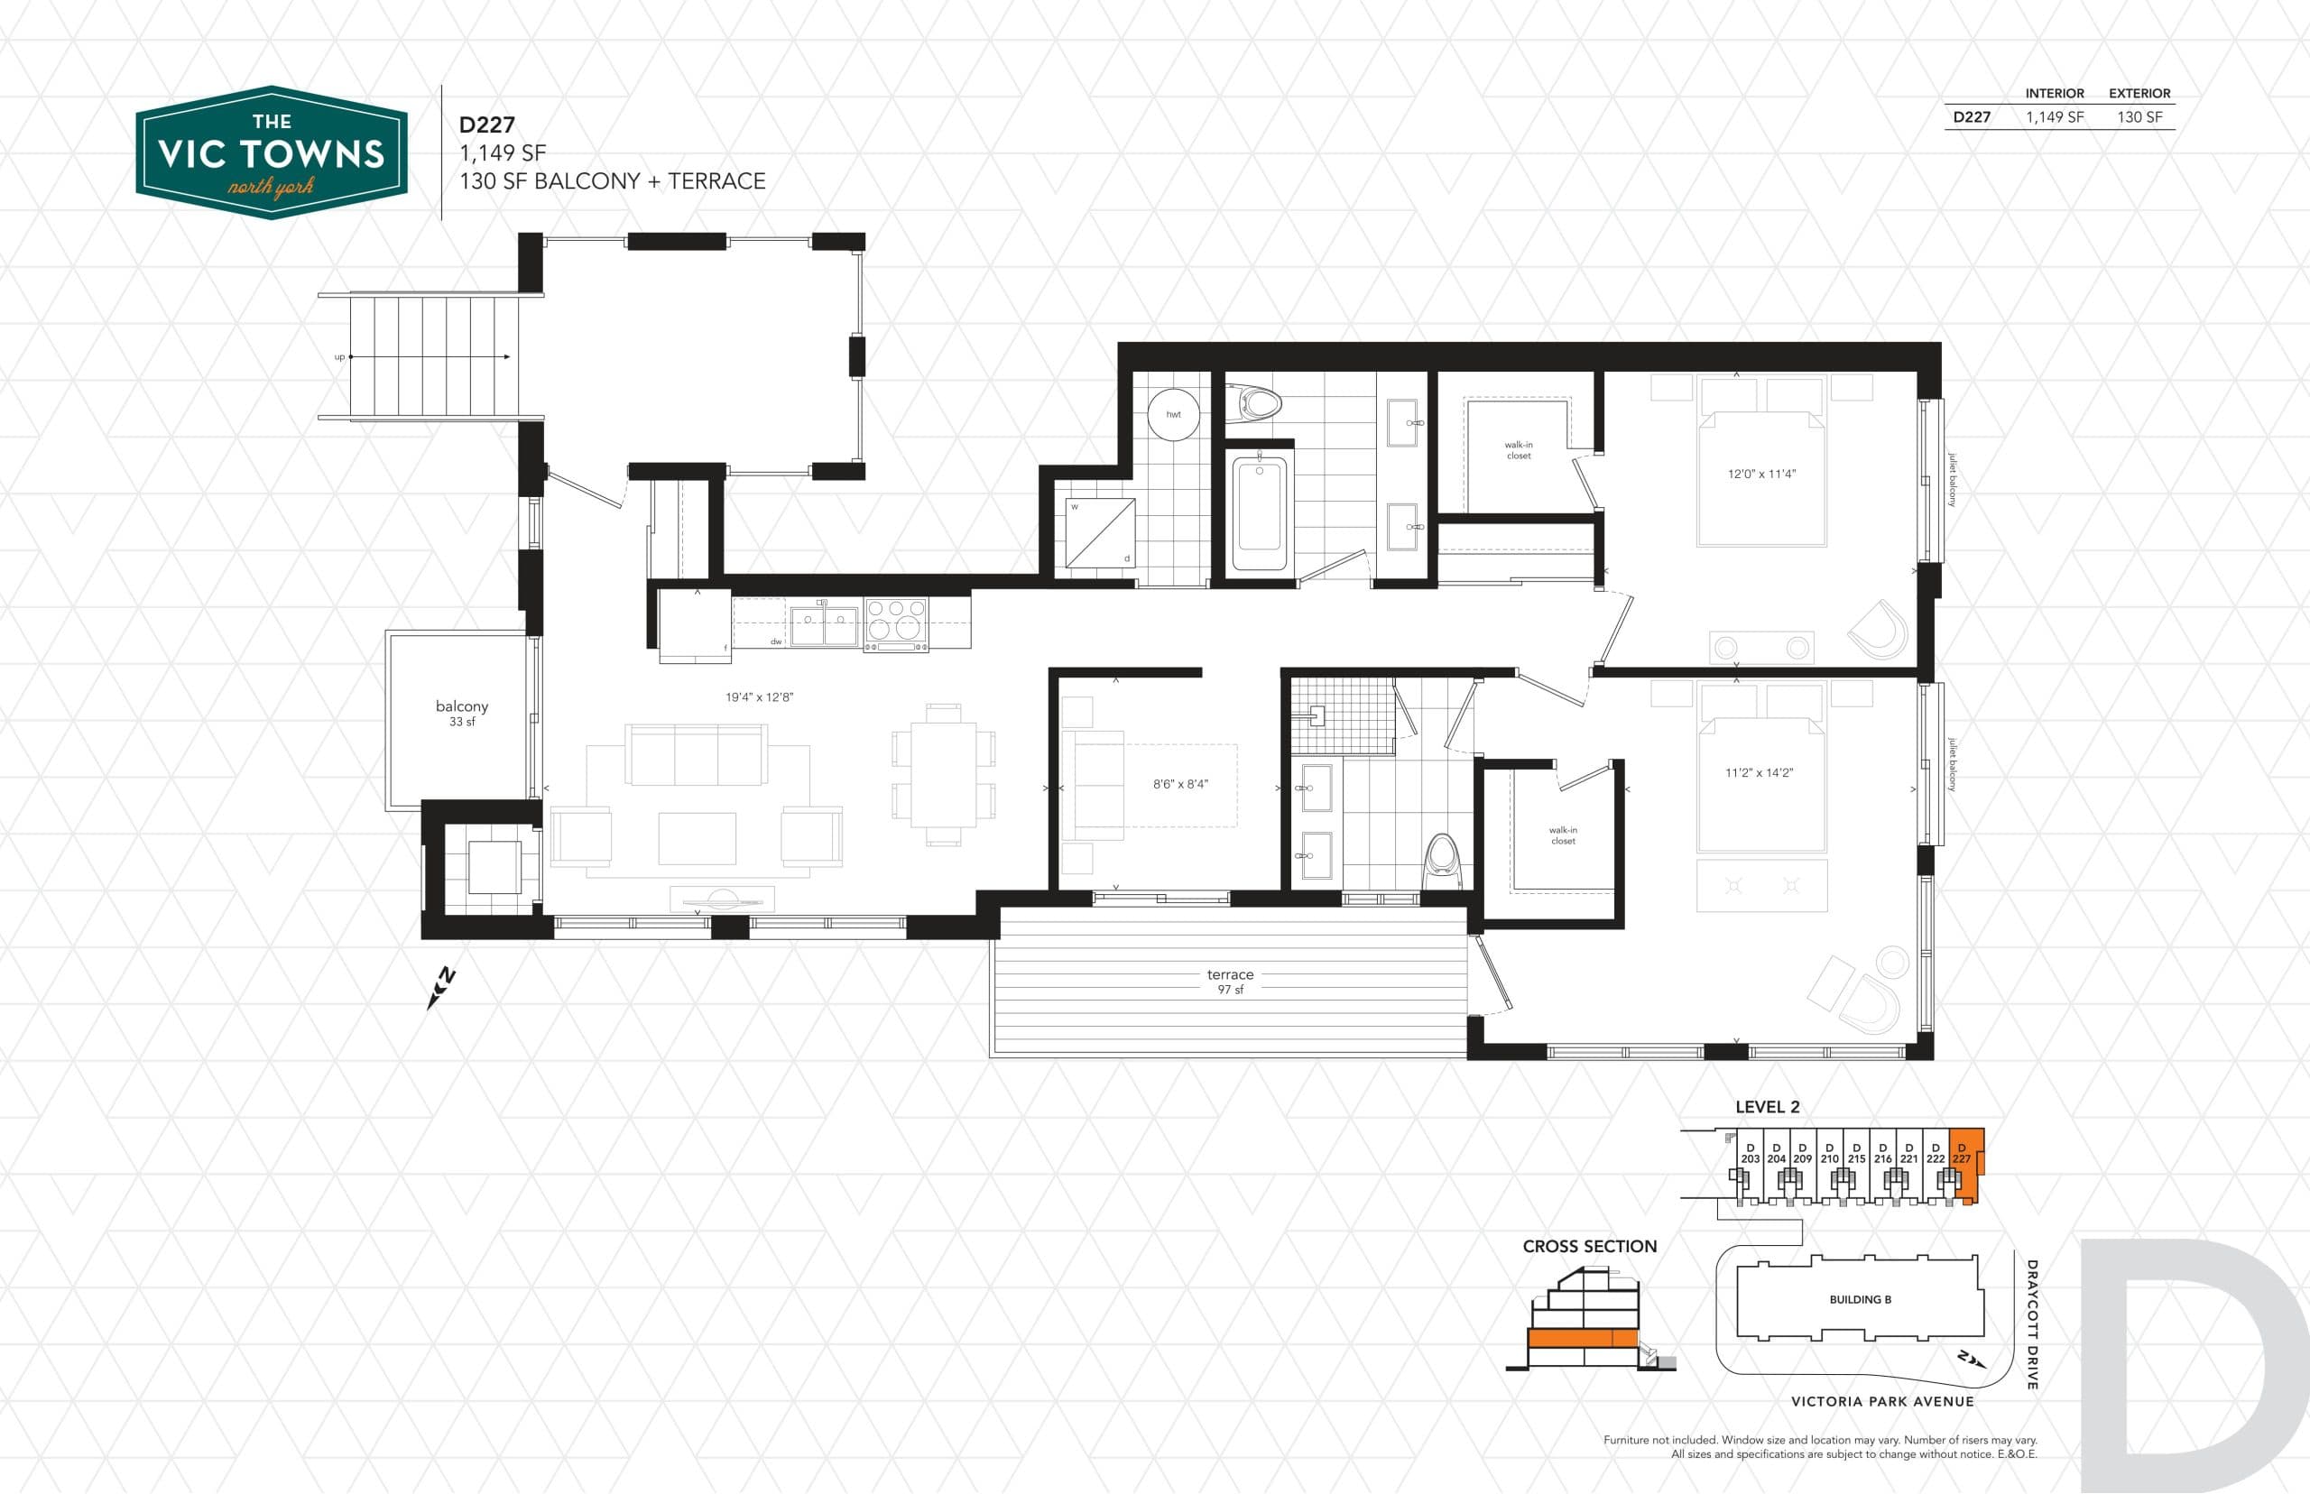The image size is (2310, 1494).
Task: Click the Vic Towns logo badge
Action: pyautogui.click(x=271, y=152)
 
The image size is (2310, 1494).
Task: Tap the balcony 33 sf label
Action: pyautogui.click(x=462, y=713)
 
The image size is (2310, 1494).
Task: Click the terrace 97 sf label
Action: pyautogui.click(x=1229, y=981)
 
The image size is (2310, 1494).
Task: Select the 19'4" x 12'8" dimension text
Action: pyautogui.click(x=759, y=696)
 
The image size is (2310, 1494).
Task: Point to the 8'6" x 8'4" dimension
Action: pyautogui.click(x=1179, y=784)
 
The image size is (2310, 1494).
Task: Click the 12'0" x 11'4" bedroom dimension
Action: pyautogui.click(x=1760, y=475)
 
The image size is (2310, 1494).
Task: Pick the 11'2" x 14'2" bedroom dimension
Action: pyautogui.click(x=1758, y=773)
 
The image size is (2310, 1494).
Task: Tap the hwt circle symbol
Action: pyautogui.click(x=1173, y=414)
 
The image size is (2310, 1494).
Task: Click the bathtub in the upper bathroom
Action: pyautogui.click(x=1259, y=514)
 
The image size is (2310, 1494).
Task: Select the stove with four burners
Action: pyautogui.click(x=894, y=622)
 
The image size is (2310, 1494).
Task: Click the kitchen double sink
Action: pyautogui.click(x=824, y=626)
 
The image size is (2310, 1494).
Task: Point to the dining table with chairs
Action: pyautogui.click(x=943, y=774)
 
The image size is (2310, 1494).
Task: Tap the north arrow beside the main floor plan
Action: pyautogui.click(x=441, y=988)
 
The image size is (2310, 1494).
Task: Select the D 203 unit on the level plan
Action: pyautogui.click(x=1750, y=1154)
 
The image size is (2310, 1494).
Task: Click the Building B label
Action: pyautogui.click(x=1859, y=1299)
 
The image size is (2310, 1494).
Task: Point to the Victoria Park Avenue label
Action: pyautogui.click(x=1881, y=1401)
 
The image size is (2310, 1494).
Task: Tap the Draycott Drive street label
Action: pyautogui.click(x=2031, y=1323)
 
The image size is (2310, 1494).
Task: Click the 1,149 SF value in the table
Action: pyautogui.click(x=2054, y=117)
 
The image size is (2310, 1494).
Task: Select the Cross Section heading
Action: pyautogui.click(x=1589, y=1247)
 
